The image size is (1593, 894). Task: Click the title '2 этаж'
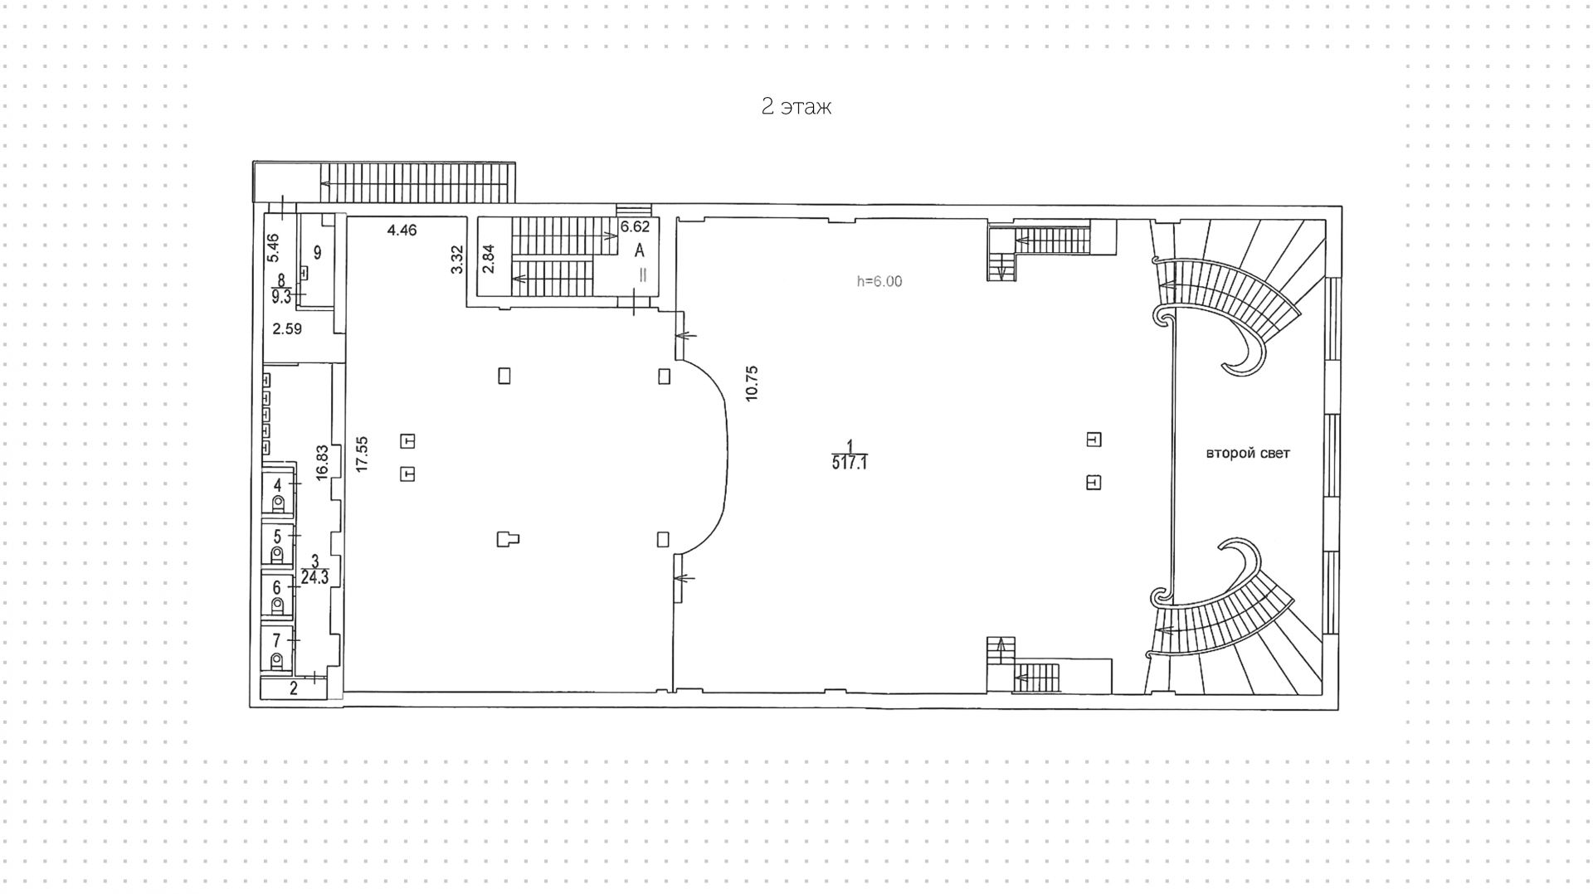coord(796,107)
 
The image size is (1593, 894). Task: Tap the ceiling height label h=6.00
coord(879,281)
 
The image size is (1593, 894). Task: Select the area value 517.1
coord(850,463)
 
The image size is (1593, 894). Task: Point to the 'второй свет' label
coord(1248,454)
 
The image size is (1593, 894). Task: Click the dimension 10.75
coord(753,383)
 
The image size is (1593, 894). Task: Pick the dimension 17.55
coord(362,454)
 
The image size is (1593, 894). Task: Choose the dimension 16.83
coord(323,459)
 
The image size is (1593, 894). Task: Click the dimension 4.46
coord(402,231)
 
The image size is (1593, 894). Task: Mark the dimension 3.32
coord(456,260)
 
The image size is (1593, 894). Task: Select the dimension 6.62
coord(636,226)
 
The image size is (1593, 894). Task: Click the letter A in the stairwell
coord(640,250)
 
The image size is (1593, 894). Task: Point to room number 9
coord(317,252)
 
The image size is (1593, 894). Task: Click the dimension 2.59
coord(287,328)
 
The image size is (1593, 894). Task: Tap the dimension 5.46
coord(274,249)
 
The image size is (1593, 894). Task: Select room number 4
coord(278,485)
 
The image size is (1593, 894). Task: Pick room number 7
coord(277,640)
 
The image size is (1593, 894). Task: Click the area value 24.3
coord(315,578)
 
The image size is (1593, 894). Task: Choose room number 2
coord(294,688)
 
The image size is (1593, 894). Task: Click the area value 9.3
coord(282,296)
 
